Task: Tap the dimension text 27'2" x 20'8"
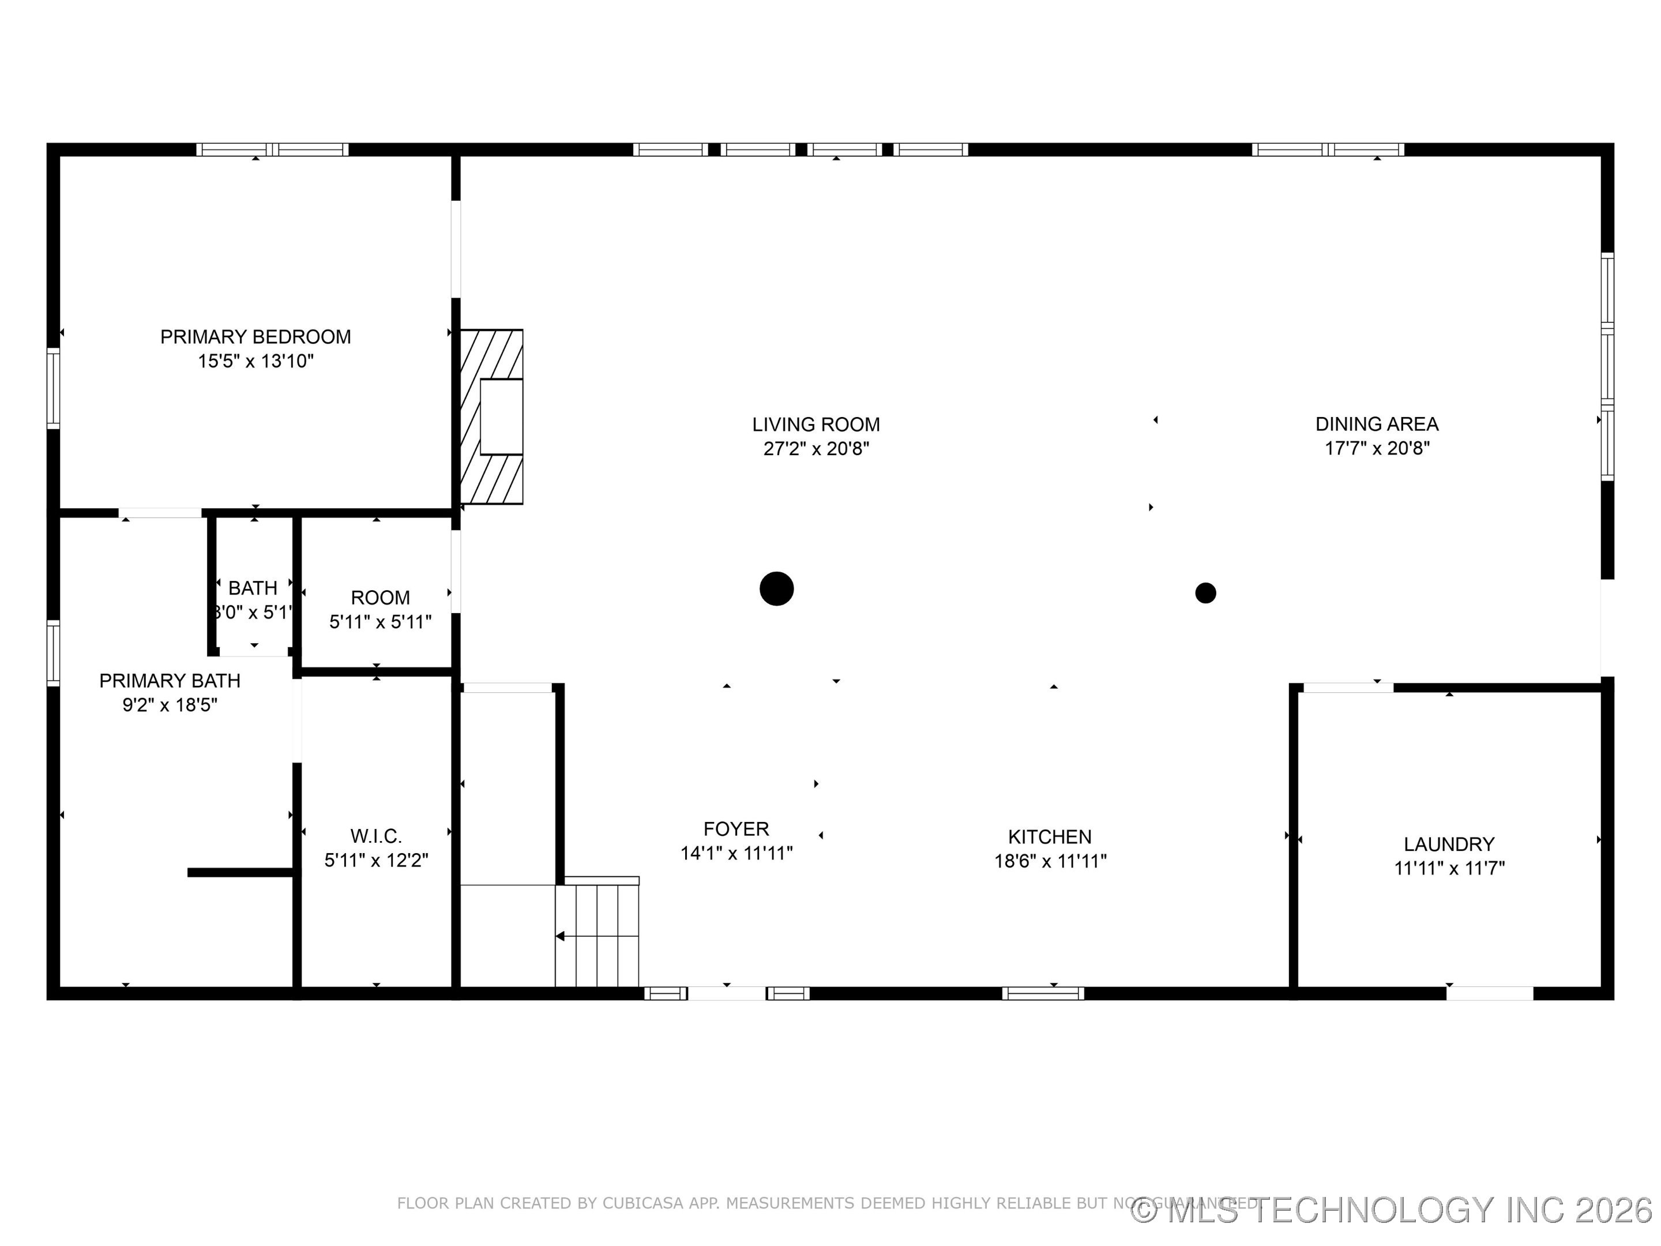[816, 449]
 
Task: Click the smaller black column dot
[1205, 594]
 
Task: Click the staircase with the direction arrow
[597, 935]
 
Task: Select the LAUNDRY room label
[1449, 843]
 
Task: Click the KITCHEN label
[1049, 836]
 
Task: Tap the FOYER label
[736, 828]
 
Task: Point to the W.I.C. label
[375, 835]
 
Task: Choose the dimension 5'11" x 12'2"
[375, 860]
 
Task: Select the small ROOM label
[380, 597]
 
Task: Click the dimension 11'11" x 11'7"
[1449, 868]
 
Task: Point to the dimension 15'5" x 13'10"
[255, 361]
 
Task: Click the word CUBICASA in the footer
[643, 1203]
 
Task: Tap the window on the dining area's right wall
[1607, 366]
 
